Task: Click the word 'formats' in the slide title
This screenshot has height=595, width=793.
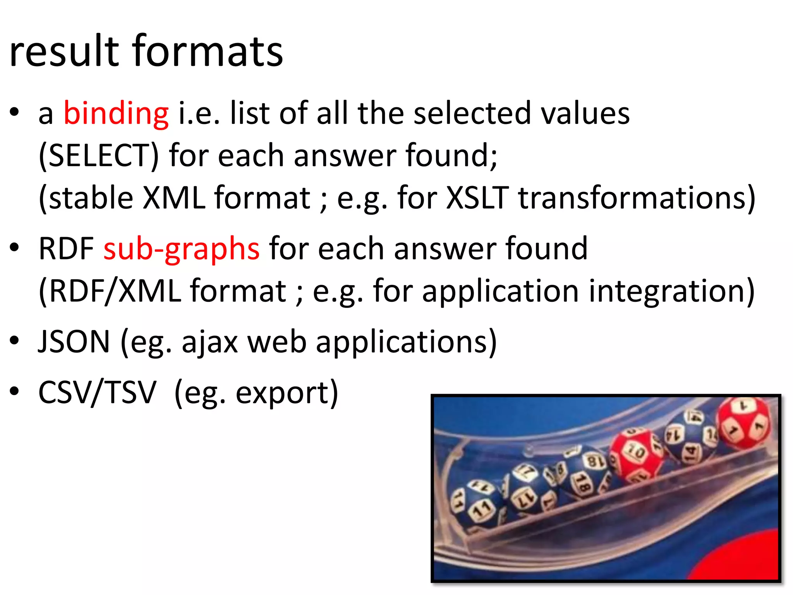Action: (208, 51)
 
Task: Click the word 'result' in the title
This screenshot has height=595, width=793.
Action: (64, 51)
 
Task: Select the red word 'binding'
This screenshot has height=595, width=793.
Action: (116, 113)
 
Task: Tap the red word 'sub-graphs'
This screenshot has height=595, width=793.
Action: (181, 249)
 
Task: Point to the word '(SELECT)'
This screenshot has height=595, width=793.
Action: (99, 156)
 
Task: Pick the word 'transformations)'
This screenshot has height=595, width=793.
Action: (637, 198)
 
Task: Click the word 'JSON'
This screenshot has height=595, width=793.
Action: (74, 342)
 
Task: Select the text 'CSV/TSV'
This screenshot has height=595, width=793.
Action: (97, 392)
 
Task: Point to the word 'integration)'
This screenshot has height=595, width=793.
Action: (671, 291)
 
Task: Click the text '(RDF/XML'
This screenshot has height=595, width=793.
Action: (110, 291)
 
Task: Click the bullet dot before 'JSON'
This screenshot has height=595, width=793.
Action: (14, 341)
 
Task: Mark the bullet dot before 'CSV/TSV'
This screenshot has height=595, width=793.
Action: (14, 391)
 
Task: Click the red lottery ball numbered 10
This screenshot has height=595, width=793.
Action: (635, 454)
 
